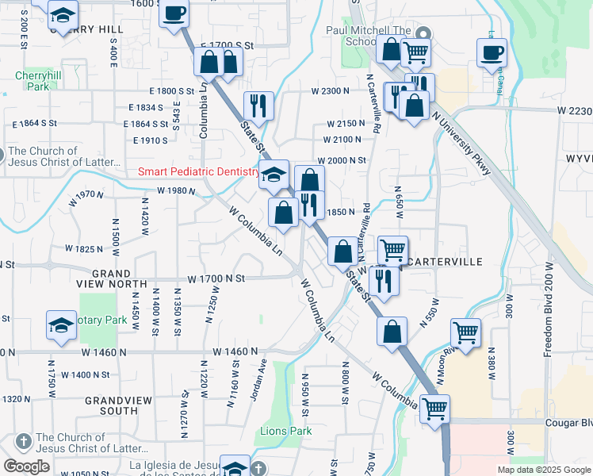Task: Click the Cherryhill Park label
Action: pyautogui.click(x=33, y=81)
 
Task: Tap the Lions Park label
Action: pyautogui.click(x=286, y=431)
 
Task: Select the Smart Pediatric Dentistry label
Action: pyautogui.click(x=198, y=171)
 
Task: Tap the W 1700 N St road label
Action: pyautogui.click(x=216, y=278)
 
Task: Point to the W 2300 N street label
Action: pyautogui.click(x=330, y=91)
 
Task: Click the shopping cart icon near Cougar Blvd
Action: pyautogui.click(x=434, y=409)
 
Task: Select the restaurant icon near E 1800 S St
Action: pyautogui.click(x=258, y=106)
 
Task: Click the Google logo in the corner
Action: pyautogui.click(x=26, y=466)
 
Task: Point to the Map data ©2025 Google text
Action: pyautogui.click(x=543, y=470)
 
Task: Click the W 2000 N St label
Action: pyautogui.click(x=342, y=160)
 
